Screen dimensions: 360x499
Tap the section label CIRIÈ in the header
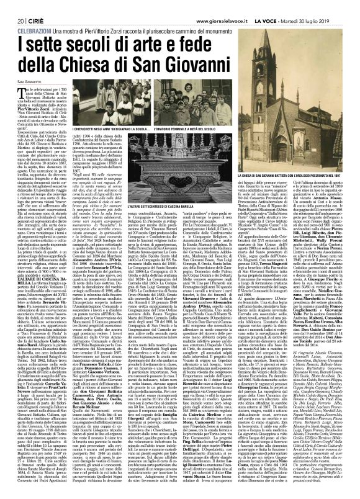click(30, 5)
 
